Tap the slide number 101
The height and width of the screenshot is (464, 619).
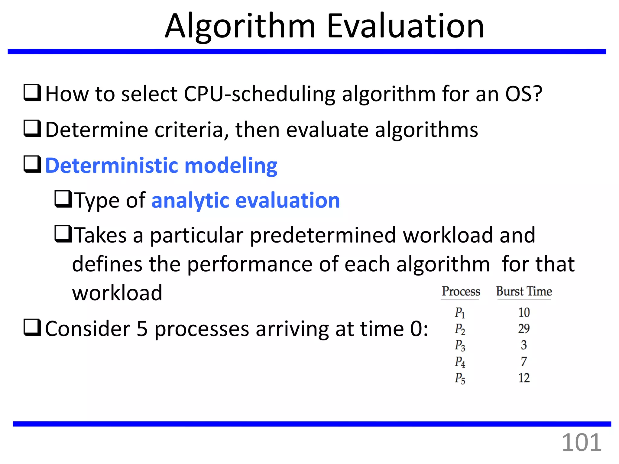point(582,443)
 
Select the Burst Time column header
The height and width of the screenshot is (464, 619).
point(524,292)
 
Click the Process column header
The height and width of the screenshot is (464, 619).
point(461,292)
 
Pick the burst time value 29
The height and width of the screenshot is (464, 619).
point(524,329)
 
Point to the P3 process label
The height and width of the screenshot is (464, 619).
point(460,345)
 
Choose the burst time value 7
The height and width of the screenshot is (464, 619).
point(524,362)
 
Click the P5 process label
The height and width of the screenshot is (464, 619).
point(460,378)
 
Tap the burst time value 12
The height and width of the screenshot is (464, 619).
point(524,378)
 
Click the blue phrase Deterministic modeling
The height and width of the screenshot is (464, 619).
point(161,166)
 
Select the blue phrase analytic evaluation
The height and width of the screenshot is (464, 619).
point(246,200)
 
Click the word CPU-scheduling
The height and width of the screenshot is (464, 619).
point(259,94)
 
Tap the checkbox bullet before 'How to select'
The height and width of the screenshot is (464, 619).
point(32,93)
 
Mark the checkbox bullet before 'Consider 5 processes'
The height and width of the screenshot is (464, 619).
point(32,328)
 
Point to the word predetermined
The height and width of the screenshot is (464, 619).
point(323,235)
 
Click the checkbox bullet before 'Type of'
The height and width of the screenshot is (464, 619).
point(63,199)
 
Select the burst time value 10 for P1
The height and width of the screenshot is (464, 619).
point(524,312)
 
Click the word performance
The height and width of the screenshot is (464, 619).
point(250,264)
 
